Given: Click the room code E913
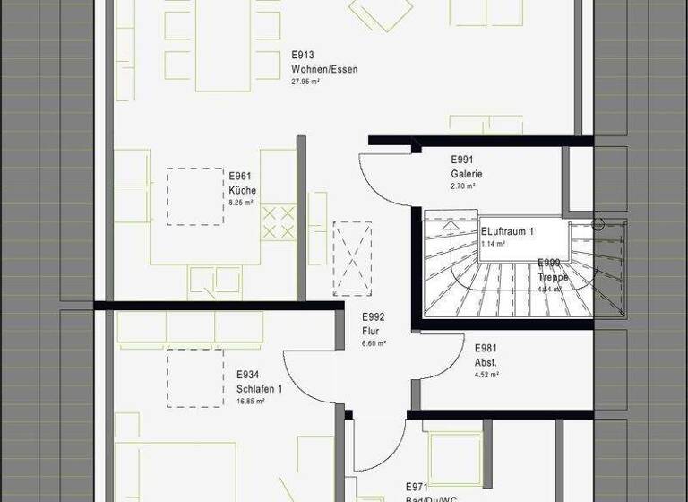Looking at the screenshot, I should click(x=303, y=55).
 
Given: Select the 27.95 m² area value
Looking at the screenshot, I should click(x=305, y=81).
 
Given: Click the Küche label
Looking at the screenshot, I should click(x=243, y=190).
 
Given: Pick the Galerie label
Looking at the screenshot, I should click(x=467, y=174).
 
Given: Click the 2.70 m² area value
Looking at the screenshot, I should click(x=463, y=186).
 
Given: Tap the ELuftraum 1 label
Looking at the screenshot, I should click(x=507, y=231).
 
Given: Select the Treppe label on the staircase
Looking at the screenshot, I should click(x=552, y=277).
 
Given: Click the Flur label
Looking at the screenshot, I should click(x=372, y=331).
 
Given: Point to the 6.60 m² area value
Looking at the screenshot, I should click(x=374, y=343).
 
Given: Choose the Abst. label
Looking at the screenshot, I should click(x=486, y=362).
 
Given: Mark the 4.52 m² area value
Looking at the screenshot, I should click(x=487, y=375).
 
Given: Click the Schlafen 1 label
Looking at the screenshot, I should click(x=260, y=388).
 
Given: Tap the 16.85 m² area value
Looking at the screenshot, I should click(x=251, y=401).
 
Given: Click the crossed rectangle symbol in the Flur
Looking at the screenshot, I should click(x=352, y=258).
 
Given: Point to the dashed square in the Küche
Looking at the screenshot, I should click(x=194, y=196).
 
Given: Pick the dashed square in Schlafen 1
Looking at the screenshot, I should click(x=195, y=378).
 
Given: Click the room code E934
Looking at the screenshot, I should click(x=248, y=375).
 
